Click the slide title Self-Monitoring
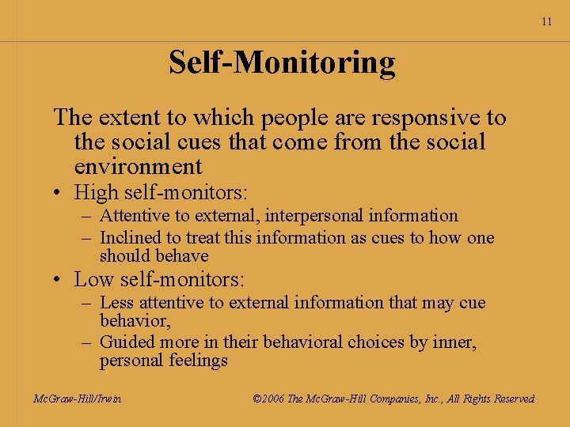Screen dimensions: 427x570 pos(282,62)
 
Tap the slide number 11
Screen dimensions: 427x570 pos(547,22)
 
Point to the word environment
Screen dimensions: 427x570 pos(138,166)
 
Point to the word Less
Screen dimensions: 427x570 pos(116,303)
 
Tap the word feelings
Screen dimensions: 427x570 pos(199,361)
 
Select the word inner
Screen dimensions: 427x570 pos(456,342)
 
